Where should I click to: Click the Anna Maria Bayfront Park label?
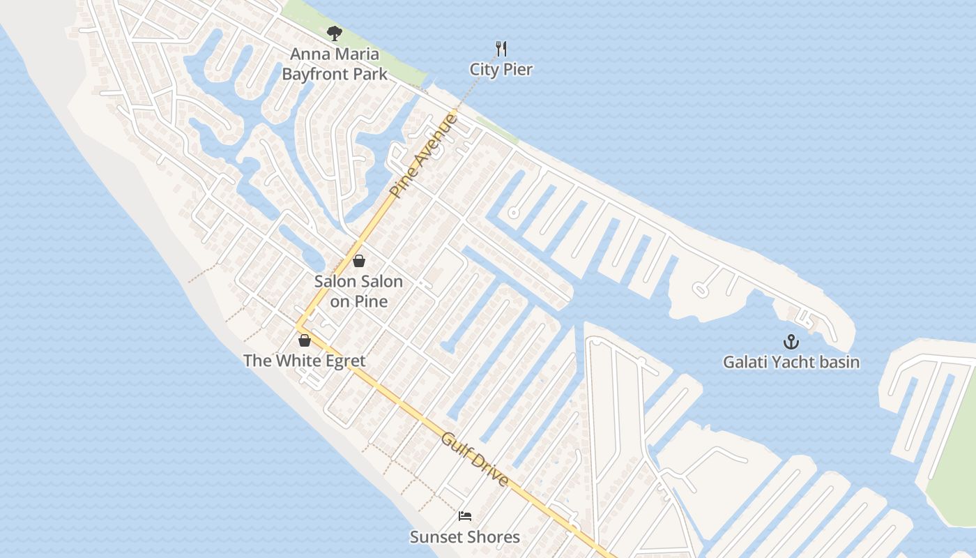coord(335,63)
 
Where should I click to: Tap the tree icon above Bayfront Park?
coord(335,33)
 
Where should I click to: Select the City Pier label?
coord(501,70)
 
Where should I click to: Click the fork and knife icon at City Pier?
coord(501,48)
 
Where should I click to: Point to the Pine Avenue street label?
coord(424,157)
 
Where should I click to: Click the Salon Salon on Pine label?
coord(358,292)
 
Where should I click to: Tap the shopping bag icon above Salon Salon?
coord(358,261)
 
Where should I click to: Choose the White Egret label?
coord(304,361)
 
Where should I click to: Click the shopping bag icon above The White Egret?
coord(304,340)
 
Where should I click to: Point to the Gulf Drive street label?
coord(475,460)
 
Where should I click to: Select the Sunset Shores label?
coord(464,537)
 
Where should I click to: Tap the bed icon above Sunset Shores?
coord(465,516)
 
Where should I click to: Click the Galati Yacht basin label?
coord(791,362)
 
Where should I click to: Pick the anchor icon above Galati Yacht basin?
coord(791,342)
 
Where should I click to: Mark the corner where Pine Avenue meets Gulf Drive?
coord(298,326)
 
